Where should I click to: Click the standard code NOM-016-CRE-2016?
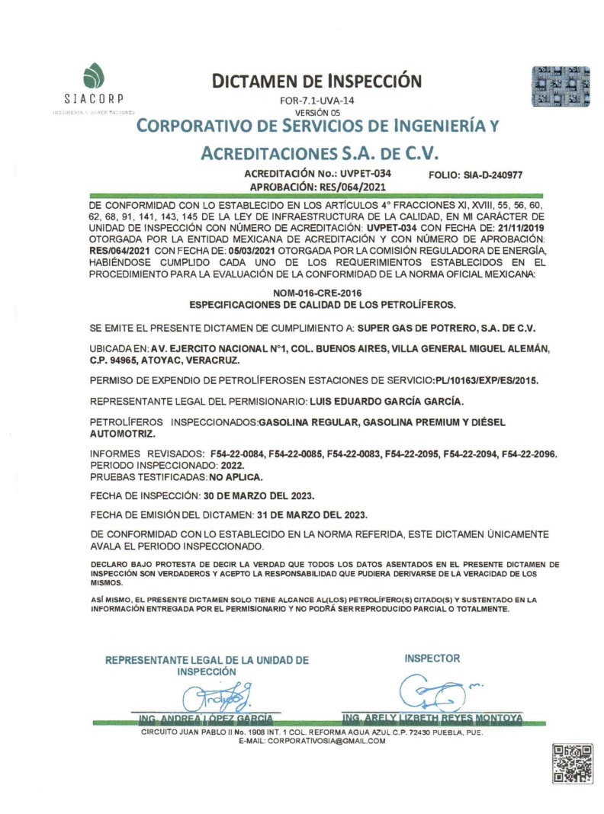point(316,293)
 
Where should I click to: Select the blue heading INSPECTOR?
point(432,658)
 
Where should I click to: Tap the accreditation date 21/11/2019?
point(515,228)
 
